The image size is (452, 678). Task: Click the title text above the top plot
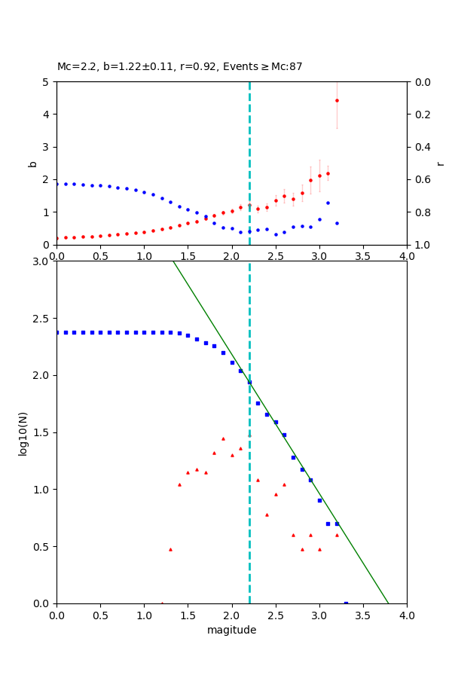pos(179,66)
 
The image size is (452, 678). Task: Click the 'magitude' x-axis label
pos(231,630)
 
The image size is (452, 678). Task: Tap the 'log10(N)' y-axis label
pos(23,432)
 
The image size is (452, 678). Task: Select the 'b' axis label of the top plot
pos(32,163)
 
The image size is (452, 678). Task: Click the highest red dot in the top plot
pos(337,100)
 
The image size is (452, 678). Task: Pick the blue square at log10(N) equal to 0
pos(346,603)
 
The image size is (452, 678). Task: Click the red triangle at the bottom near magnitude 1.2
pos(162,603)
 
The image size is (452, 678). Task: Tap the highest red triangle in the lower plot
pos(223,438)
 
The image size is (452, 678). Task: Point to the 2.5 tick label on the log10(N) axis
pos(41,319)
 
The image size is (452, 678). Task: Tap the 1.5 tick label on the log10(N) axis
pos(41,432)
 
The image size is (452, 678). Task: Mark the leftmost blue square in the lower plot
pos(57,332)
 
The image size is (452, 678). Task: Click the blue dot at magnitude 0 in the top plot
pos(57,184)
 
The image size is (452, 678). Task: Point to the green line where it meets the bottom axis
pos(389,603)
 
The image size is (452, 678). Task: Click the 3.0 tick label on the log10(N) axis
pos(41,261)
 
